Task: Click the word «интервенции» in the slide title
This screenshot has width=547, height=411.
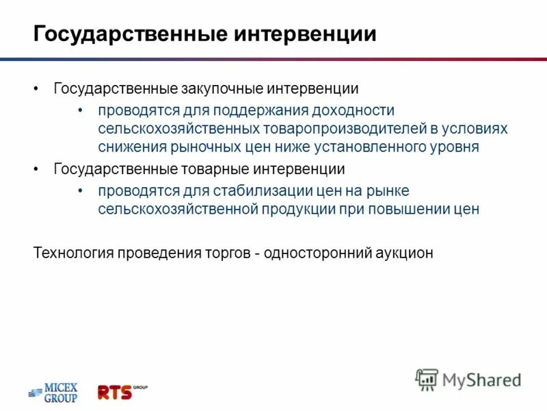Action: pyautogui.click(x=306, y=34)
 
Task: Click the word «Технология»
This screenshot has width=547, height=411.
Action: pyautogui.click(x=73, y=253)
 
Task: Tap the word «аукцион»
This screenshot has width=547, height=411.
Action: pyautogui.click(x=403, y=253)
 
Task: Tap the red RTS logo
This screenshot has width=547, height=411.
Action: pyautogui.click(x=116, y=392)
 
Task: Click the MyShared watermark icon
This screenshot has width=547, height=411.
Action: pyautogui.click(x=427, y=379)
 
